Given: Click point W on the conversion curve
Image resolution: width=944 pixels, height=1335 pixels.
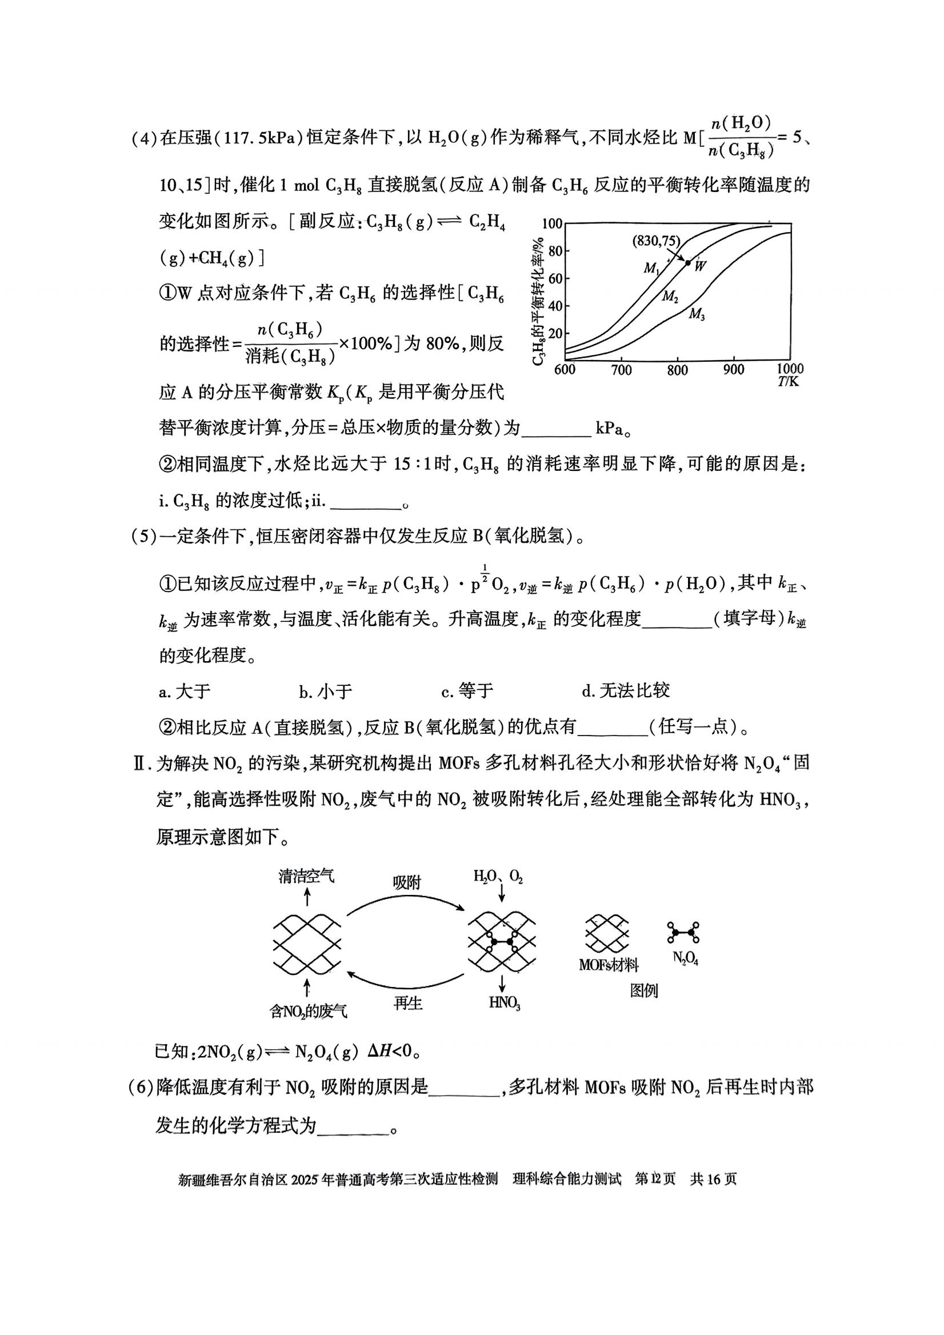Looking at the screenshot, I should coord(688,263).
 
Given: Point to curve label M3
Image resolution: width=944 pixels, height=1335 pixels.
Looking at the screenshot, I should coord(697,315).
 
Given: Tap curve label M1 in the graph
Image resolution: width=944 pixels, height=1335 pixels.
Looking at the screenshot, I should coord(651,269).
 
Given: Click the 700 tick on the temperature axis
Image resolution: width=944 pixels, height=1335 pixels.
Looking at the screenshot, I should coord(621,370).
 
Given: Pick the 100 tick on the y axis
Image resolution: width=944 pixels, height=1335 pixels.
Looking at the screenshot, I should coord(551,224).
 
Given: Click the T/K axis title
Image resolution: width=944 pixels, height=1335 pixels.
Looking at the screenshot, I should coord(788,382).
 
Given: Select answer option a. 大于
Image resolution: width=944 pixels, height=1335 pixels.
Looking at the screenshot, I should coord(185,692).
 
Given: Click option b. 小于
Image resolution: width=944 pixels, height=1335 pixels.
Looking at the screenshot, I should coord(326,692).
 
